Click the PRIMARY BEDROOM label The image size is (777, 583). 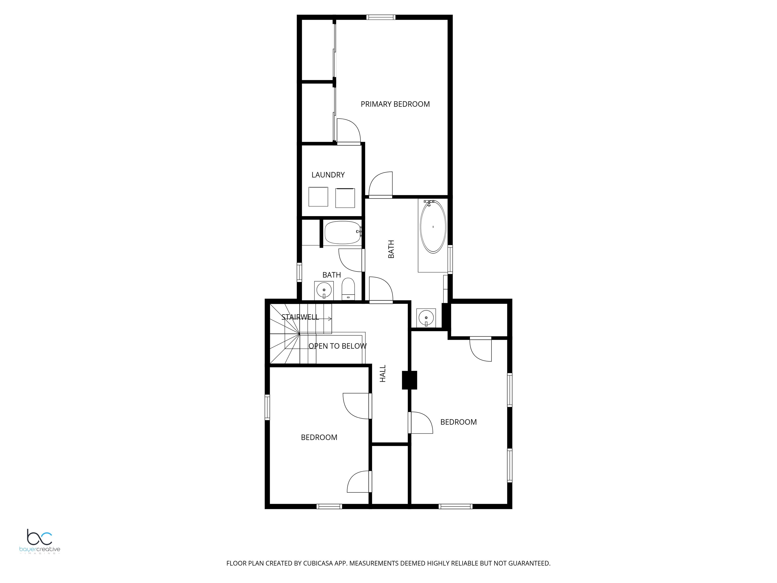point(395,104)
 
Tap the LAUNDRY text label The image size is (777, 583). point(328,175)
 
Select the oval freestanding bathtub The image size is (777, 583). point(433,227)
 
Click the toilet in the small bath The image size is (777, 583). point(349,289)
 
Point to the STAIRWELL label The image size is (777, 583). point(300,317)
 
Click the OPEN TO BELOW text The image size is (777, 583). point(338,346)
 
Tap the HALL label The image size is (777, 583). point(383,373)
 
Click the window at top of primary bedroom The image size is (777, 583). point(381,17)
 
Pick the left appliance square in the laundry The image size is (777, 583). point(318,197)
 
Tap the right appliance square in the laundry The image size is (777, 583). point(345,198)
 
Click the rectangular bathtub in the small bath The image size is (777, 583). point(342,233)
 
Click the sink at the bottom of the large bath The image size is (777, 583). point(426,317)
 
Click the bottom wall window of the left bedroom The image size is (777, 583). point(329,506)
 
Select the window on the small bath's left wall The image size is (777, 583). point(299,272)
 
